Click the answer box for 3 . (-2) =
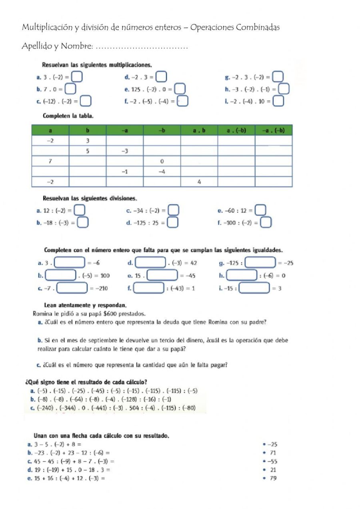pos(78,76)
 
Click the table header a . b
pos(199,130)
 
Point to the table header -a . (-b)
pos(274,130)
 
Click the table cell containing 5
pos(88,151)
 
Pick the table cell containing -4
pos(162,172)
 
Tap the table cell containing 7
pos(50,161)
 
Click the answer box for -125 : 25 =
pos(172,222)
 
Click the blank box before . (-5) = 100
pos(61,275)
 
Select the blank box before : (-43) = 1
pos(148,288)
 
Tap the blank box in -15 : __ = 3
pos(254,288)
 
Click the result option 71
pos(273,453)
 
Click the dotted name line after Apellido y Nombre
pos(142,47)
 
